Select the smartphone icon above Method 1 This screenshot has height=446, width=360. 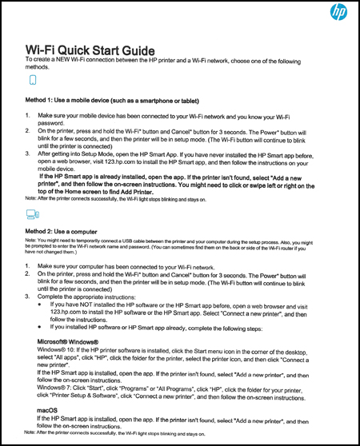(33, 81)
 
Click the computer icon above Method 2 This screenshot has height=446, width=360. (32, 214)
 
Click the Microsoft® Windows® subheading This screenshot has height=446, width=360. (75, 341)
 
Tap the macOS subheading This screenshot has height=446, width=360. (48, 410)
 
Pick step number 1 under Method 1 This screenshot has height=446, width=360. (27, 117)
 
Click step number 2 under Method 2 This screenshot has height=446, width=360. (27, 274)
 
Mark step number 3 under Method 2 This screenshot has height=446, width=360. (27, 296)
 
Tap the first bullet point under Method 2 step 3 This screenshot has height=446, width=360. (41, 305)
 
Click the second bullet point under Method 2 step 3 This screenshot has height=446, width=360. (41, 327)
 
